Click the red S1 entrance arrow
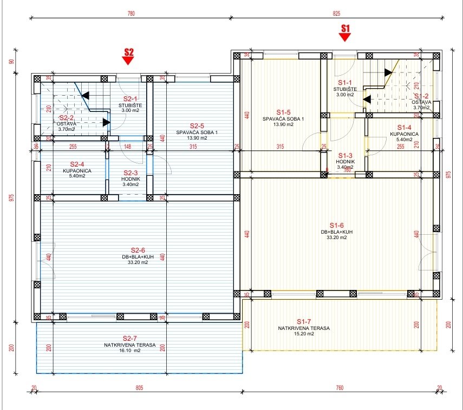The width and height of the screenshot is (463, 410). [345, 36]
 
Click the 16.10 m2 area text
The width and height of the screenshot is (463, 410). [130, 351]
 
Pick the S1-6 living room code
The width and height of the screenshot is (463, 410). [336, 225]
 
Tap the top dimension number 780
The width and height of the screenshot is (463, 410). [131, 13]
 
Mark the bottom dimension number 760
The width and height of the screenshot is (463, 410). [339, 388]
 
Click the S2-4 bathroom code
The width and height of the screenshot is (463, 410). [80, 163]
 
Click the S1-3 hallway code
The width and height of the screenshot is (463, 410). [345, 155]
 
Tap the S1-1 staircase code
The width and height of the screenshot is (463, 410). [344, 81]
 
